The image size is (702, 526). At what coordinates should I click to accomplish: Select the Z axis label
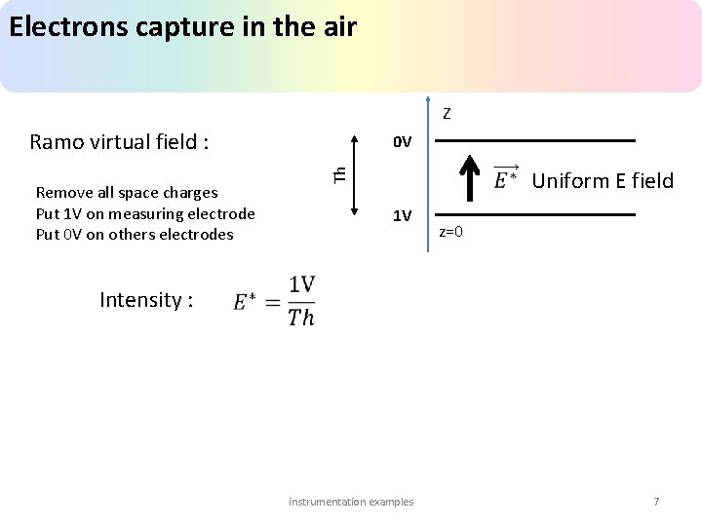click(x=446, y=114)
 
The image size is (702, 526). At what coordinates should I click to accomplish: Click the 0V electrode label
click(x=402, y=142)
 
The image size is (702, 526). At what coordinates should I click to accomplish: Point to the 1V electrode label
click(x=402, y=215)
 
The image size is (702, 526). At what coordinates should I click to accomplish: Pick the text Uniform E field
click(x=603, y=180)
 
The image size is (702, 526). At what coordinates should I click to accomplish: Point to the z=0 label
click(x=450, y=232)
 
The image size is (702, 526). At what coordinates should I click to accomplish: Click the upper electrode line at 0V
click(x=534, y=141)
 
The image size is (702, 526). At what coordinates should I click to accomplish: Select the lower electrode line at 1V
click(x=534, y=214)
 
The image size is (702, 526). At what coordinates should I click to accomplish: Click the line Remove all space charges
click(x=127, y=193)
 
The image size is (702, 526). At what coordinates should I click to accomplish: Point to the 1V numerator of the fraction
click(x=301, y=284)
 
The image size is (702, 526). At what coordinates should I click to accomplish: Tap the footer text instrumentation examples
click(x=351, y=502)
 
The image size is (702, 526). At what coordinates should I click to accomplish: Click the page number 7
click(x=656, y=502)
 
